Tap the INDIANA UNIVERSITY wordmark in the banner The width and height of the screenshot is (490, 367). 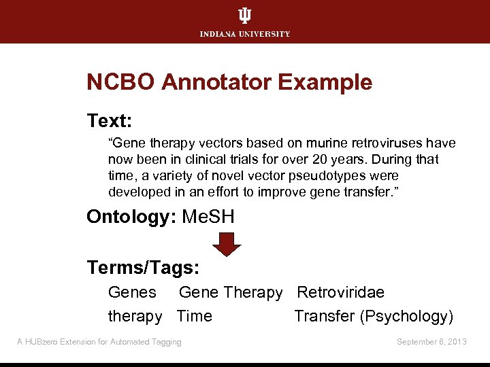pos(245,34)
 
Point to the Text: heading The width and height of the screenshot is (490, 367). pos(109,122)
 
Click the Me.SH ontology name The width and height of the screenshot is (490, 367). pos(208,217)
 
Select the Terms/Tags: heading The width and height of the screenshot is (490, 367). pos(143,268)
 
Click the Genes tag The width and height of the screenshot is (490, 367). pos(132,293)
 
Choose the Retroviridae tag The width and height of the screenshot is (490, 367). pos(340,293)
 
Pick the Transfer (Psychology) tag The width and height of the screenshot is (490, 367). pos(374,317)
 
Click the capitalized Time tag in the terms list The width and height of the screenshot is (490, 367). pos(195,317)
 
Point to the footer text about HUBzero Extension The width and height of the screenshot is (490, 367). pos(99,342)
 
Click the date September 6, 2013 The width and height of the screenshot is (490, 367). pos(431,342)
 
